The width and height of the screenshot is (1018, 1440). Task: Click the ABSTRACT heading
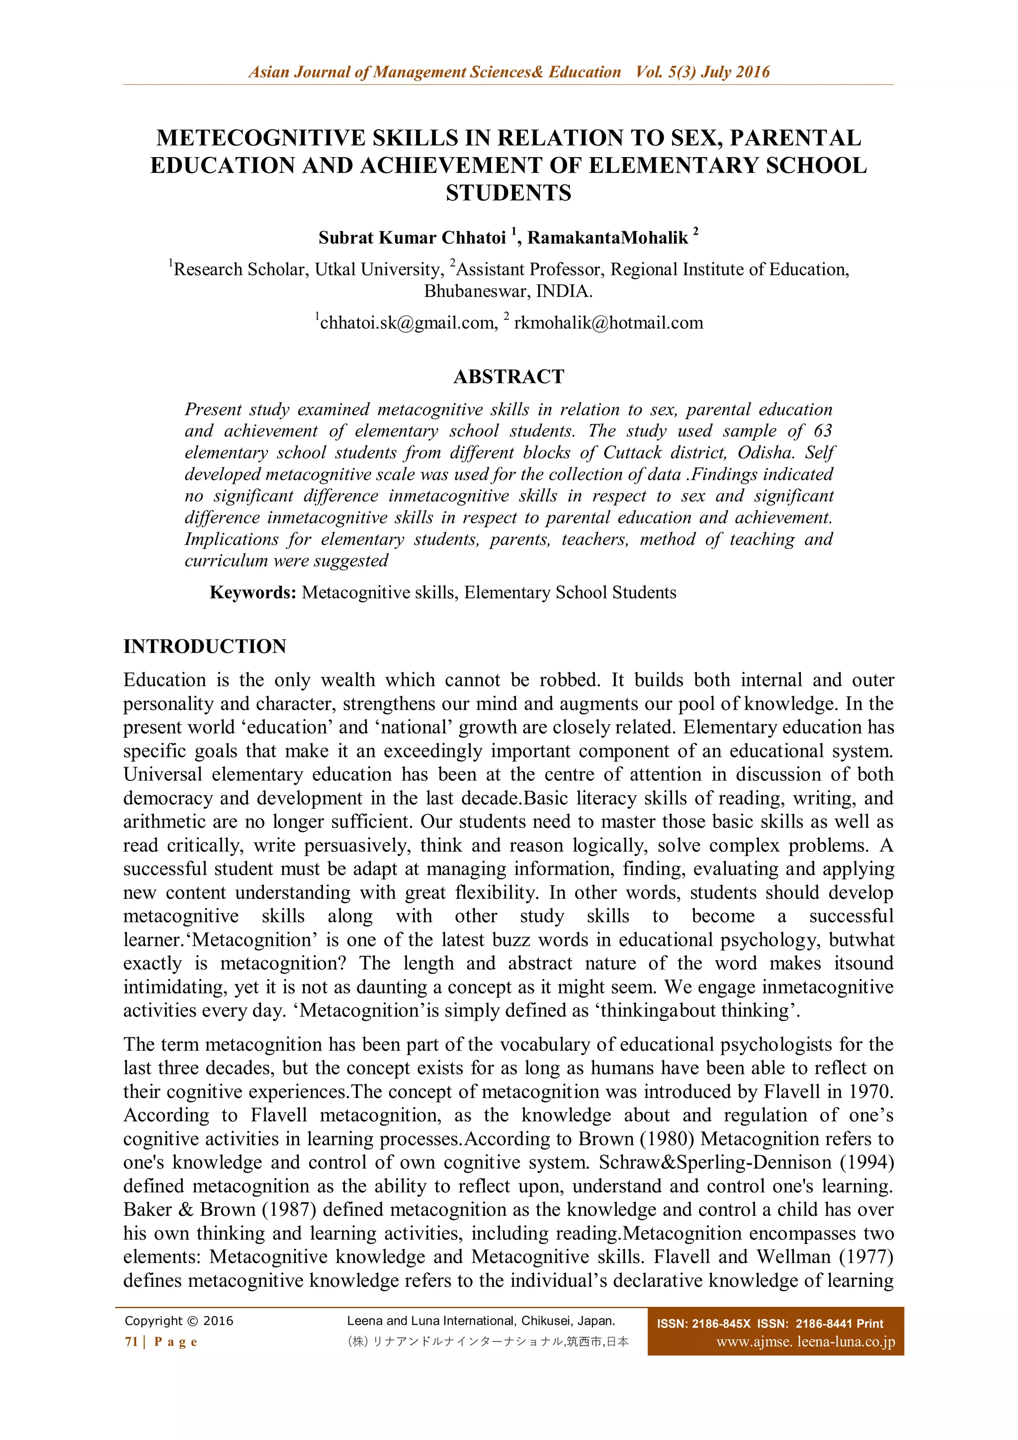[x=509, y=376]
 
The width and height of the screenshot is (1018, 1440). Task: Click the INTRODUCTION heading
[x=204, y=646]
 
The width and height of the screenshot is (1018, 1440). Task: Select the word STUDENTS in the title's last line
[x=509, y=192]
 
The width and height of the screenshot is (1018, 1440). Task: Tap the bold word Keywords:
[x=253, y=593]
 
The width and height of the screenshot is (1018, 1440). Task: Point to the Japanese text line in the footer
[x=488, y=1342]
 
